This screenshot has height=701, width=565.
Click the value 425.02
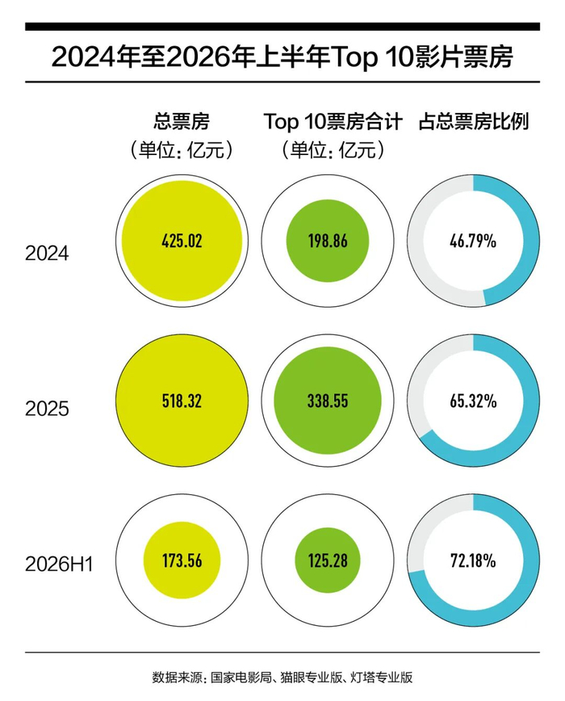182,241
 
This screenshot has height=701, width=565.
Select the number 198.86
328,241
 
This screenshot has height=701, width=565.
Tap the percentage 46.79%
473,241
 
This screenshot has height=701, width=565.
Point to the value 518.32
182,401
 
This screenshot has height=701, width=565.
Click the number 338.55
328,401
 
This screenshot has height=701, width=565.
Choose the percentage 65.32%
473,401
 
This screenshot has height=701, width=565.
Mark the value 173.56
182,560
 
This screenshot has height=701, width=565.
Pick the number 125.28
328,560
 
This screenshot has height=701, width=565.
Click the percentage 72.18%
473,560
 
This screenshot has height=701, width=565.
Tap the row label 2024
47,254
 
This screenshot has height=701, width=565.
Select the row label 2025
47,409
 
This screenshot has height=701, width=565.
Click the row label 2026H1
59,565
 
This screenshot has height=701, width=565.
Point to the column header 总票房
182,121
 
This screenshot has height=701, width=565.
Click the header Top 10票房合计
333,121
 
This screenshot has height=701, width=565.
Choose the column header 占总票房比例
474,121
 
